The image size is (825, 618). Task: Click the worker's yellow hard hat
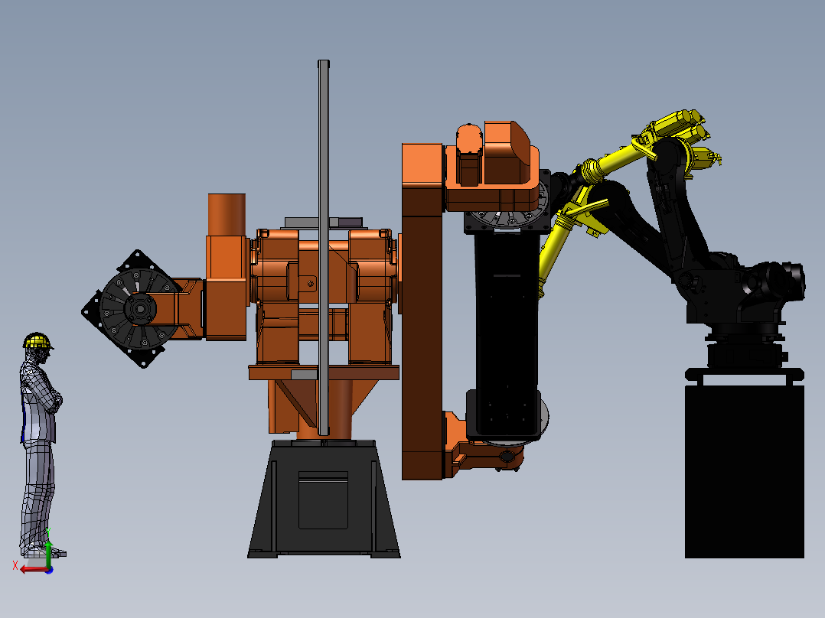37,341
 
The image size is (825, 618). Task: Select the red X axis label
15,565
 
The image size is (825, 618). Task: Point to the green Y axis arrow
48,547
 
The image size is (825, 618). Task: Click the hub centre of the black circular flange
140,309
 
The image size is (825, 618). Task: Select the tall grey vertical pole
324,248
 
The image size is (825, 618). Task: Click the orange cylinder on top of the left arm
227,215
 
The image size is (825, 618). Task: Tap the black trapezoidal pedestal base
324,499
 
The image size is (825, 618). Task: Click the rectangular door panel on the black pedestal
323,500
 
